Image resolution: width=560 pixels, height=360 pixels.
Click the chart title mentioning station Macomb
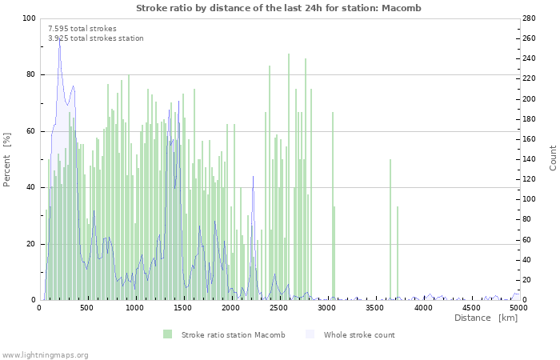[x=278, y=8]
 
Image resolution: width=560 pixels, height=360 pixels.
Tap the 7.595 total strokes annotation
[x=82, y=29]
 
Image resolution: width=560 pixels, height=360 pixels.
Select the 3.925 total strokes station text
[x=96, y=38]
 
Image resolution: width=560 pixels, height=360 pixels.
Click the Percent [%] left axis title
[x=6, y=160]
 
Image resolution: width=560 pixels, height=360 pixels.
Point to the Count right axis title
[x=553, y=158]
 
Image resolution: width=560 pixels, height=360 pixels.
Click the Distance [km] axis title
[x=486, y=318]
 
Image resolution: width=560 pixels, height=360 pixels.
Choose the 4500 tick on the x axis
[x=471, y=308]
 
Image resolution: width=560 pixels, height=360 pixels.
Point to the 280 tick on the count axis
[x=529, y=18]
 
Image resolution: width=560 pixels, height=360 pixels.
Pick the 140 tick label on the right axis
[x=529, y=159]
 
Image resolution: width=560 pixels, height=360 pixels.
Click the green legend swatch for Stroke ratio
[x=167, y=334]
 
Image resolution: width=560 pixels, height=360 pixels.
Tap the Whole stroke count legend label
[x=359, y=335]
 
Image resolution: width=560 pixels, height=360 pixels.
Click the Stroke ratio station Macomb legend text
[x=234, y=335]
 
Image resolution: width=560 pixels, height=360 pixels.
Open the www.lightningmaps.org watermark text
[x=45, y=355]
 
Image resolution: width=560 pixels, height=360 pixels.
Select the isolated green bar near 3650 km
[x=390, y=230]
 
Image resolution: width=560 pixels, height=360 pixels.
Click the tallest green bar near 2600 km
[x=289, y=177]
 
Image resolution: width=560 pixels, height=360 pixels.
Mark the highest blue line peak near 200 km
[x=60, y=38]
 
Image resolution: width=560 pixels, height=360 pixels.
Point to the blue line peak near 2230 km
[x=254, y=177]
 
